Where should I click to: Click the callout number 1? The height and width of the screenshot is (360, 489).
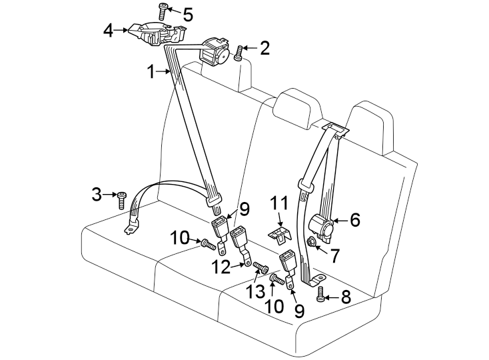[x=151, y=71]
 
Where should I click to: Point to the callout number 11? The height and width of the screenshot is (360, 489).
[x=281, y=203]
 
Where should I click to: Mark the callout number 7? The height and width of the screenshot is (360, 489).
[x=336, y=253]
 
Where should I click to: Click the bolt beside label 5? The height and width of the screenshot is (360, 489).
[x=163, y=9]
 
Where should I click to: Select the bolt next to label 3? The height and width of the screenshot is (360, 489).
[x=121, y=199]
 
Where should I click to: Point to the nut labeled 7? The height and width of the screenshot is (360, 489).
[x=311, y=241]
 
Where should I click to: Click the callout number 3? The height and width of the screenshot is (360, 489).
[x=97, y=195]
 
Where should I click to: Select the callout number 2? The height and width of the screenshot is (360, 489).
[x=264, y=47]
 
